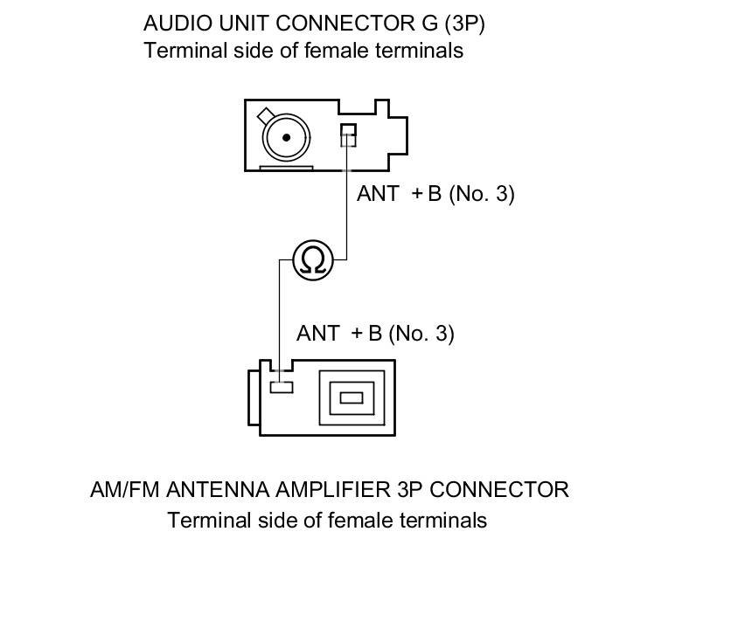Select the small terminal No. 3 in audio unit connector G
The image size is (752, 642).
(x=348, y=134)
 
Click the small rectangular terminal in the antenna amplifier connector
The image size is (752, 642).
(x=281, y=386)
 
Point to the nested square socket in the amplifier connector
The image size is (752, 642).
(x=351, y=397)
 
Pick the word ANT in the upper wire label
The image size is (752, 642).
(x=378, y=194)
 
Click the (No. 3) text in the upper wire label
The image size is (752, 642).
(x=481, y=194)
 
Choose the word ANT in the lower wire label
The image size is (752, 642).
(x=317, y=334)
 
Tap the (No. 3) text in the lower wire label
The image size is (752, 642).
(x=421, y=334)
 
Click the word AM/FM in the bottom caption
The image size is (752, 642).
(x=125, y=490)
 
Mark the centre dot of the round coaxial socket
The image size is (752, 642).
(x=285, y=138)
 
